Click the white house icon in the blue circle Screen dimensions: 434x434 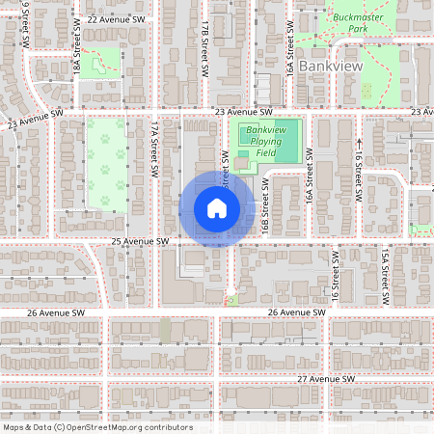coord(217,208)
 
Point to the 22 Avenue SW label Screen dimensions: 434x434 coord(116,19)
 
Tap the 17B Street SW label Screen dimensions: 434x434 coord(205,52)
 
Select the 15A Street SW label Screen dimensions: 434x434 coord(383,276)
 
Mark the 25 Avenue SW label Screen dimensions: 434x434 coord(141,240)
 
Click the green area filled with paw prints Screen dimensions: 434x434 coord(106,164)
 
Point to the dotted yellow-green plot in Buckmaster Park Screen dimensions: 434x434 coord(366,92)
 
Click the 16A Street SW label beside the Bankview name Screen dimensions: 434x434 coord(288,58)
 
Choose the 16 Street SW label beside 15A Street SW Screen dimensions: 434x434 coord(336,276)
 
